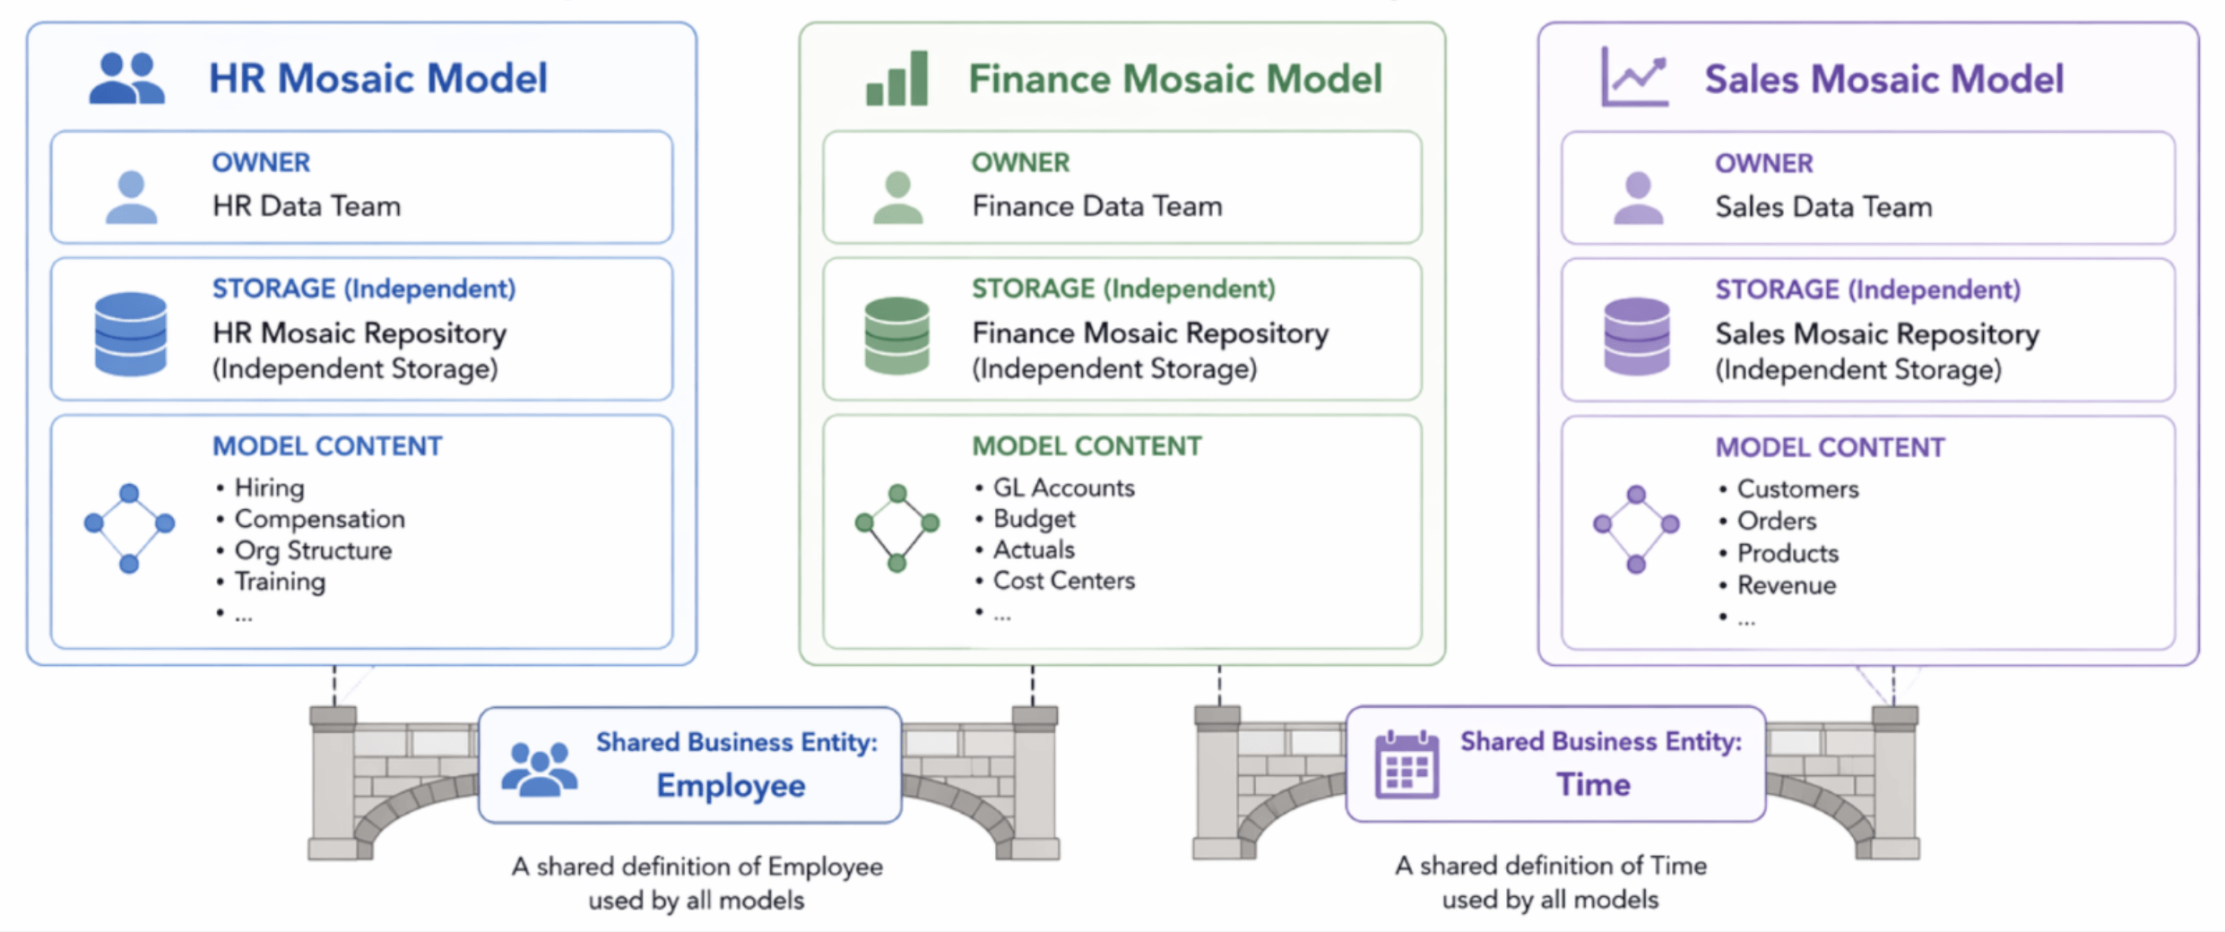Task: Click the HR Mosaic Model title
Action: (x=377, y=78)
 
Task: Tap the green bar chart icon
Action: (x=896, y=79)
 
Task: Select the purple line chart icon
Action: (x=1634, y=78)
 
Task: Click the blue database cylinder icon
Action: (x=131, y=333)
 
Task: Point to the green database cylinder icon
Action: (x=896, y=335)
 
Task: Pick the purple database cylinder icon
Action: (x=1637, y=336)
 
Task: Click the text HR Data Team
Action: (x=307, y=206)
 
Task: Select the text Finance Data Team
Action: (x=1097, y=206)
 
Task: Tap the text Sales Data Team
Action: (x=1823, y=207)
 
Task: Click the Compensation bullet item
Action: (x=319, y=519)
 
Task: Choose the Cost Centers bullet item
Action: (x=1064, y=581)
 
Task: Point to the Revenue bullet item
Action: (x=1787, y=585)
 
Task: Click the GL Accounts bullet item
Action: (x=1064, y=488)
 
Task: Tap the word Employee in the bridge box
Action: (x=731, y=786)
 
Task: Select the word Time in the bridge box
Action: (x=1593, y=784)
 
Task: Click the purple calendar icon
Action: (x=1407, y=764)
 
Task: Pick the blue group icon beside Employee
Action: (x=539, y=769)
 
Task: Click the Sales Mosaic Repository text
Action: (x=1877, y=334)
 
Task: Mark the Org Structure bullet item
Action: (x=313, y=550)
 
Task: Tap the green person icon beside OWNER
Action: (x=897, y=198)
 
